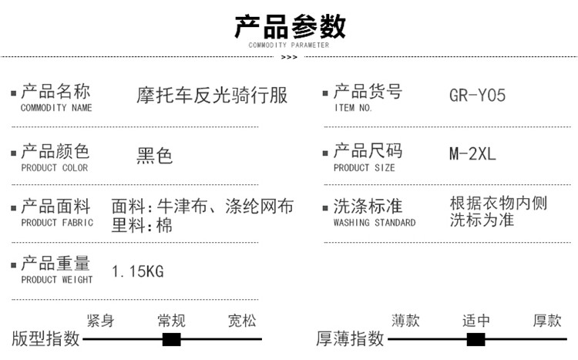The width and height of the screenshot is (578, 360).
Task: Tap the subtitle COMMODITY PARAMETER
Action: (x=289, y=45)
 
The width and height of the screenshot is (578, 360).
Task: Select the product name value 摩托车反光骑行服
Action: (x=212, y=95)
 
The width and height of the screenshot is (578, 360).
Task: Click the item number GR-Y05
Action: (x=477, y=96)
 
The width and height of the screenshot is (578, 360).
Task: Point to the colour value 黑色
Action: (x=154, y=155)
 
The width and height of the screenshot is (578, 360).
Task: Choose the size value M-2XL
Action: (x=472, y=153)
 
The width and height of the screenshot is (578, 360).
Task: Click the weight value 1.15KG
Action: (x=138, y=271)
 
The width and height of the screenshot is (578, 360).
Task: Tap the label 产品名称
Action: (x=55, y=91)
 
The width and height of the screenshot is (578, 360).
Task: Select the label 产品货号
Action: (x=368, y=91)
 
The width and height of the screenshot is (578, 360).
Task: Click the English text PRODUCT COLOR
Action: (x=54, y=167)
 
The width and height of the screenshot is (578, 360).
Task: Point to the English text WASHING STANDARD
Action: (x=375, y=223)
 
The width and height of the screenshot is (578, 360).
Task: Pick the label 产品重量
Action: (x=55, y=263)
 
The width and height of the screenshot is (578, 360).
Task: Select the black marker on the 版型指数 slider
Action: (x=171, y=339)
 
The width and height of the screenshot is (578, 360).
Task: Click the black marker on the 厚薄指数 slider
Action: (x=476, y=339)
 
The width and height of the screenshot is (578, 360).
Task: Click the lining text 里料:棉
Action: (x=142, y=225)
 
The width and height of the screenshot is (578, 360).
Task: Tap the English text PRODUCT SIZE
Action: (x=364, y=167)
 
